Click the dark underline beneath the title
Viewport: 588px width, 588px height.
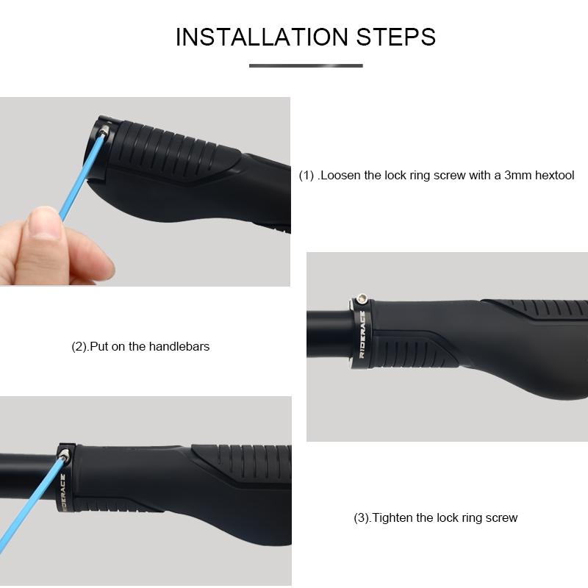pyautogui.click(x=306, y=66)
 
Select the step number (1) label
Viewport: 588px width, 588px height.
pyautogui.click(x=306, y=176)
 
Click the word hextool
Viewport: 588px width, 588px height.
pyautogui.click(x=553, y=176)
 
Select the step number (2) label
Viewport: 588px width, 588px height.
pyautogui.click(x=80, y=346)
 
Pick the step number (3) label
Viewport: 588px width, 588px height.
pyautogui.click(x=362, y=518)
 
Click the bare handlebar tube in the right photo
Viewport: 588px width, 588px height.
pyautogui.click(x=327, y=334)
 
